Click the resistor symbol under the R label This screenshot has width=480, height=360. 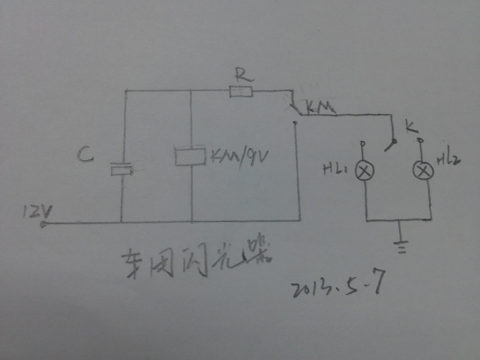[241, 92]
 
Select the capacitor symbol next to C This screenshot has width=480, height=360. [123, 170]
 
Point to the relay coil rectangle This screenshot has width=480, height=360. [191, 156]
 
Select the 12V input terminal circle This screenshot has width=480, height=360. [43, 225]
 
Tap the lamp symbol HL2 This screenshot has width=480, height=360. [423, 171]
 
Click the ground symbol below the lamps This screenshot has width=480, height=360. [398, 243]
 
